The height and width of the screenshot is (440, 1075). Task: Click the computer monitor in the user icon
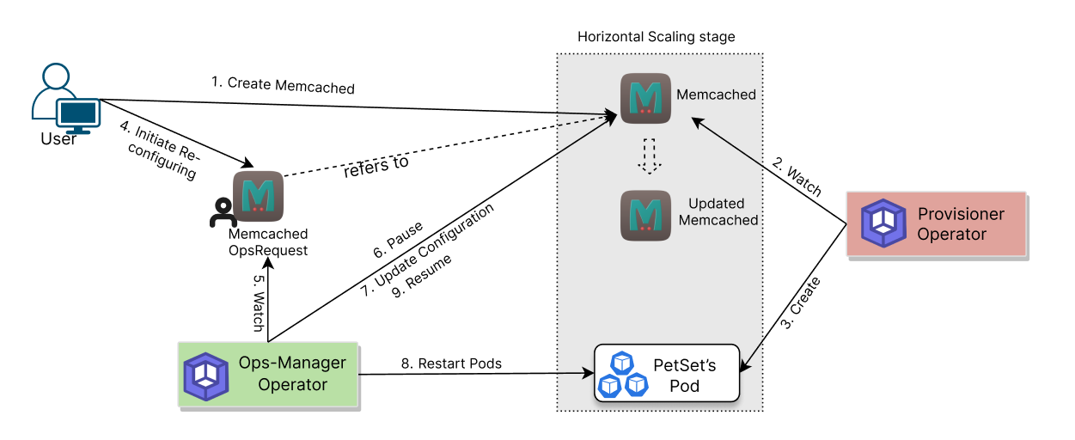[78, 113]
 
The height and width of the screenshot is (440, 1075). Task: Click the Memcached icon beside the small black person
[259, 196]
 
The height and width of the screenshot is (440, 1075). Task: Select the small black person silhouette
[223, 214]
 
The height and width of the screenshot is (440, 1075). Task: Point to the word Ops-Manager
[292, 363]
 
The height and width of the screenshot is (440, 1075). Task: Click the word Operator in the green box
[292, 385]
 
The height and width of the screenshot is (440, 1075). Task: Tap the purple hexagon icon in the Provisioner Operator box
[884, 223]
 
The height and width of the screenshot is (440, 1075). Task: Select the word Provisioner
[960, 214]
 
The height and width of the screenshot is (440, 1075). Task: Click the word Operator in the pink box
[951, 235]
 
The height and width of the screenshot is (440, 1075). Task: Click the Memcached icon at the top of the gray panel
[645, 98]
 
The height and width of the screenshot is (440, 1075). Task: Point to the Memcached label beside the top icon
[716, 95]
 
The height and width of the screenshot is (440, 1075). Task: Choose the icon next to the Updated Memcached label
[645, 215]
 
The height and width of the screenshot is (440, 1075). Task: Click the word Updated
[716, 204]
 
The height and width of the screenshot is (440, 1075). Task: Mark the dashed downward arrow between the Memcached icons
[650, 156]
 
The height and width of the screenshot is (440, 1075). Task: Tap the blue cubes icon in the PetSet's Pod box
[622, 375]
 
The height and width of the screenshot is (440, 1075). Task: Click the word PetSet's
[684, 365]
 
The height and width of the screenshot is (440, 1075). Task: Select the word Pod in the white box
[684, 386]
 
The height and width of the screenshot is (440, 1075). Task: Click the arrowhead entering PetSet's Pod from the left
[589, 374]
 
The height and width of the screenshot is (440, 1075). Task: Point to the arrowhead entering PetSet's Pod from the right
[745, 366]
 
